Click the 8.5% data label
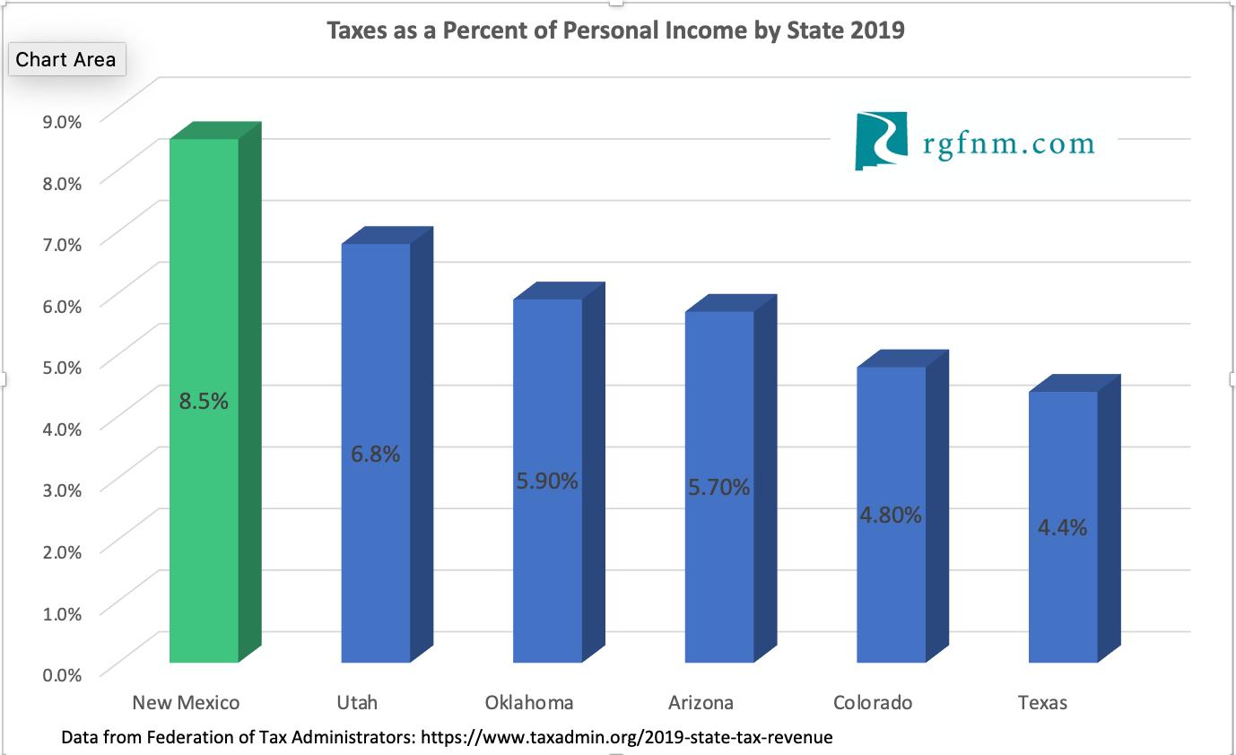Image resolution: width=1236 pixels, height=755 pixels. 204,402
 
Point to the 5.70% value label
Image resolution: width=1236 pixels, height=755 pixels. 718,488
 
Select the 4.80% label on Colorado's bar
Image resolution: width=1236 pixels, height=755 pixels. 891,516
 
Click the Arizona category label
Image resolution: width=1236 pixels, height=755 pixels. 701,702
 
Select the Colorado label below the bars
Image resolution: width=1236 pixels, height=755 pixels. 873,702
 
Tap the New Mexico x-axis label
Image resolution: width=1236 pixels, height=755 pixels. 186,702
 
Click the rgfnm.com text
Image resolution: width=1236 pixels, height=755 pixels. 1008,143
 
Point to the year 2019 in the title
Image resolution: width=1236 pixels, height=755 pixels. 878,30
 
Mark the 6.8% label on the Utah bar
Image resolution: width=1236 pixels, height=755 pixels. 376,454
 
